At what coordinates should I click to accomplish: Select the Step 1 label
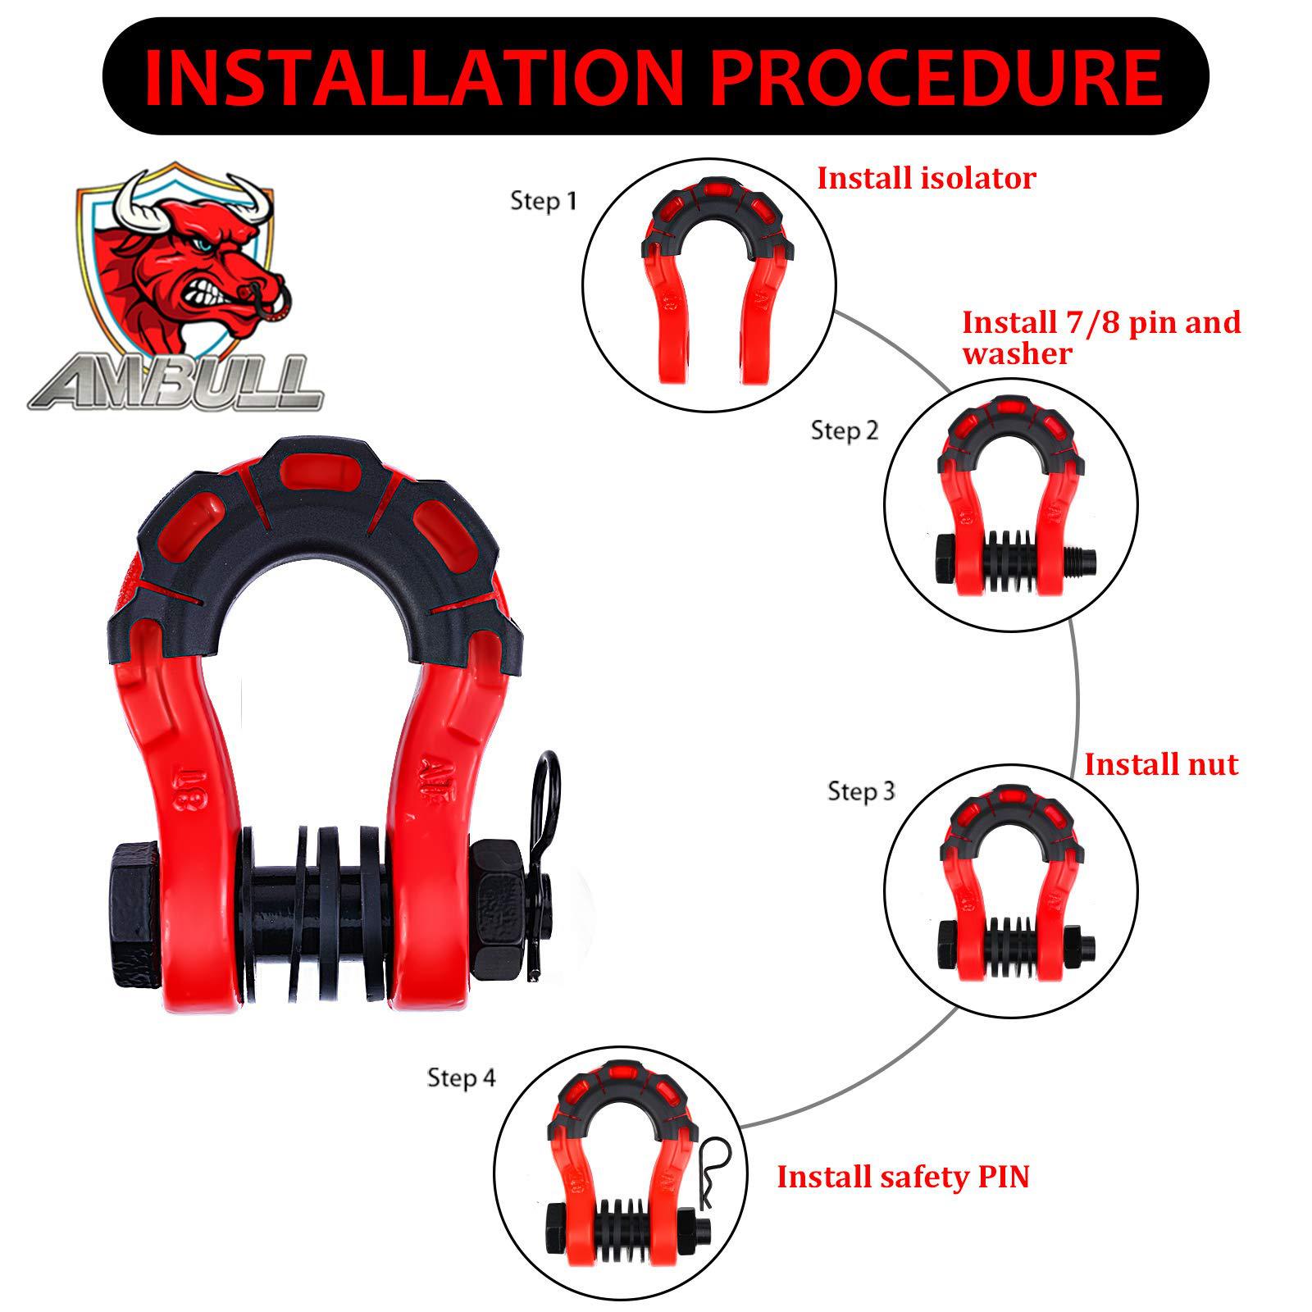click(543, 201)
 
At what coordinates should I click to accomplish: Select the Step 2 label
click(844, 430)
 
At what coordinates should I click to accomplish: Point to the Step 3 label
click(861, 791)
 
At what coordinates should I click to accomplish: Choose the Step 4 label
click(461, 1077)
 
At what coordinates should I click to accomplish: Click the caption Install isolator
click(926, 178)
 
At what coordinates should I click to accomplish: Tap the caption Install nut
click(1160, 764)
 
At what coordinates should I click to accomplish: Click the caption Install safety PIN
click(902, 1177)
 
